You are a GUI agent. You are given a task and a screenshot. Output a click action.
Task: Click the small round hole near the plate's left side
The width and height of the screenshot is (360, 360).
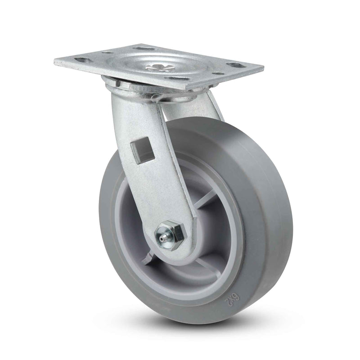pos(107,53)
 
